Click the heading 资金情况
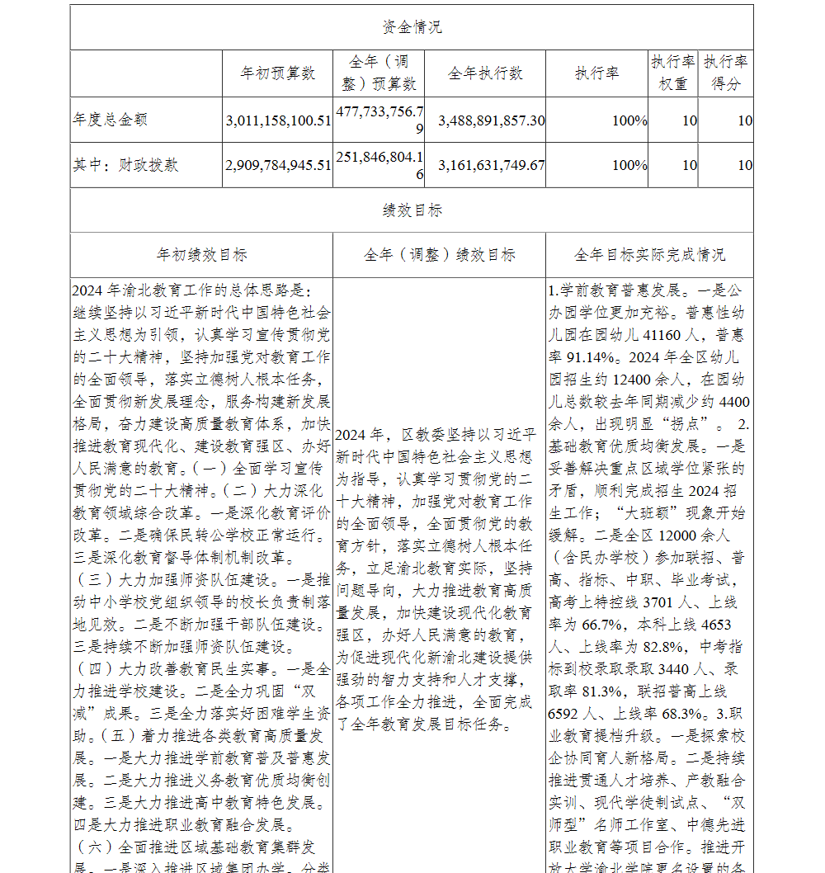pyautogui.click(x=412, y=27)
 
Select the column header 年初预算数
pyautogui.click(x=278, y=73)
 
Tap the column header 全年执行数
pyautogui.click(x=485, y=73)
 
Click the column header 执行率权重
pyautogui.click(x=672, y=73)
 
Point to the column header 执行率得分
pyautogui.click(x=726, y=73)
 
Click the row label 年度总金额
pyautogui.click(x=111, y=120)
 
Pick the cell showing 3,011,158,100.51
pyautogui.click(x=278, y=120)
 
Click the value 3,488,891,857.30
pyautogui.click(x=491, y=120)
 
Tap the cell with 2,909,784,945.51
pyautogui.click(x=278, y=165)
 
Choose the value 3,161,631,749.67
pyautogui.click(x=491, y=165)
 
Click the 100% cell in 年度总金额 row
pyautogui.click(x=629, y=120)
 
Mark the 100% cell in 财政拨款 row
pyautogui.click(x=629, y=165)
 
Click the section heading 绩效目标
pyautogui.click(x=412, y=210)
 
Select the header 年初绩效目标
pyautogui.click(x=202, y=255)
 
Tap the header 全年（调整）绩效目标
pyautogui.click(x=440, y=255)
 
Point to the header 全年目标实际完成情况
pyautogui.click(x=649, y=255)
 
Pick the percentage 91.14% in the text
pyautogui.click(x=589, y=358)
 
